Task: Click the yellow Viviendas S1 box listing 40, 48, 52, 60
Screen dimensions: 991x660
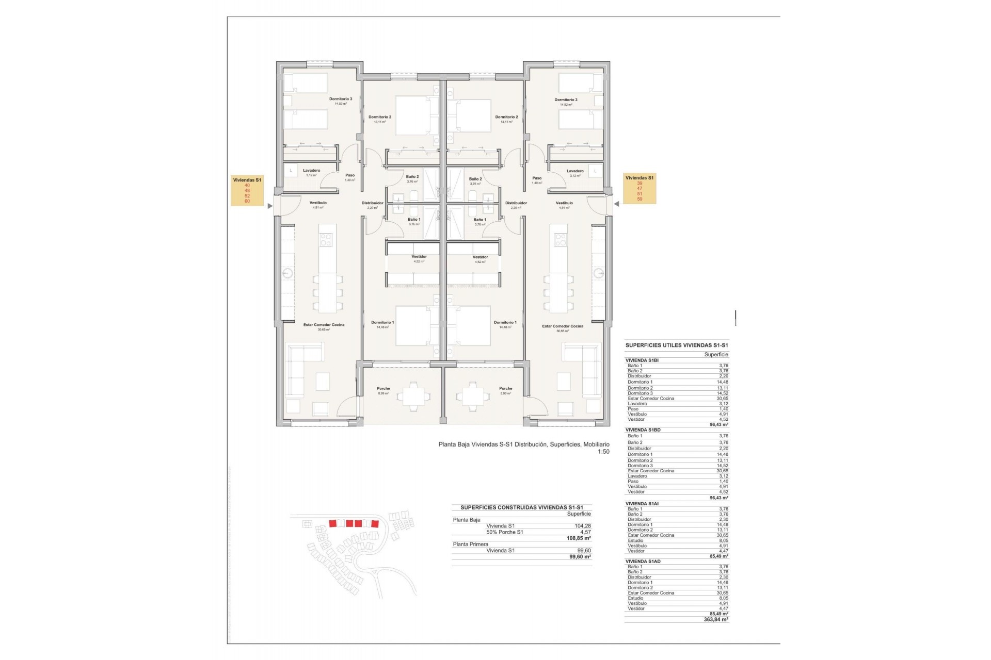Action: coord(248,190)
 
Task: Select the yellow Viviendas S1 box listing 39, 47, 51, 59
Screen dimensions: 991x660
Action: coord(640,188)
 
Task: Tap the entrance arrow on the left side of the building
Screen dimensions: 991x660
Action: coord(269,206)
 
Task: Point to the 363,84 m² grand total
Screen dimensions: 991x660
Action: coord(716,619)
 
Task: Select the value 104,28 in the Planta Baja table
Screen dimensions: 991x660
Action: coord(582,526)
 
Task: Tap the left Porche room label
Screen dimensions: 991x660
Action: coord(383,388)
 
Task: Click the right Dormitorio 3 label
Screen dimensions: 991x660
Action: coord(566,100)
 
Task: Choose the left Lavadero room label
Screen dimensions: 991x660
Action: coord(311,171)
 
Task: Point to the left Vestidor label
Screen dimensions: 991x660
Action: coord(419,257)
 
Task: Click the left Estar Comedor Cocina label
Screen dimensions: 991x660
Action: coord(324,325)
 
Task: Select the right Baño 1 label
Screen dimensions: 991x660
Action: coord(480,220)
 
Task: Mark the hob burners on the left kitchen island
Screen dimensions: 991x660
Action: coord(327,239)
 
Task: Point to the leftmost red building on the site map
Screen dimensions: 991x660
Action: coord(333,523)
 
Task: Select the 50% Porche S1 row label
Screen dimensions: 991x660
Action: coord(504,532)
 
